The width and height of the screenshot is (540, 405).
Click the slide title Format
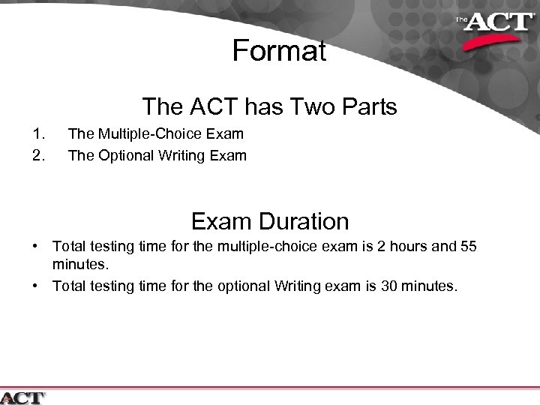(x=279, y=51)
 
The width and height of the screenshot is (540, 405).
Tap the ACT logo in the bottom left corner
(x=22, y=397)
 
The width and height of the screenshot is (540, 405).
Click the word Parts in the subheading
(x=363, y=107)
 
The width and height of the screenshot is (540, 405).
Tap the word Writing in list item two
(x=180, y=156)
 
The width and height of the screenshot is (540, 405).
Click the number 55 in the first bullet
(x=466, y=247)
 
